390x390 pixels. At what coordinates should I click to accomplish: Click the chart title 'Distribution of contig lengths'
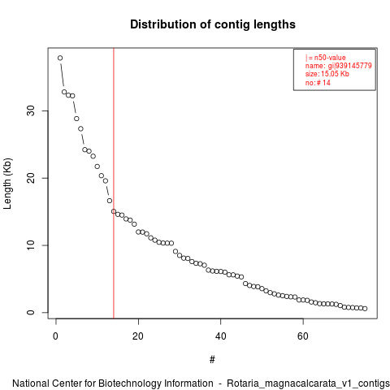click(213, 24)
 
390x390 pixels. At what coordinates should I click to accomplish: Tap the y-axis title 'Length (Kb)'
click(7, 184)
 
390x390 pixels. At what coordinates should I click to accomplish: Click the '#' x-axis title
click(212, 360)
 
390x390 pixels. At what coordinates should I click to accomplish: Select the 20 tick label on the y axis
click(31, 178)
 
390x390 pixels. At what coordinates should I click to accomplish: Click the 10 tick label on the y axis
click(31, 245)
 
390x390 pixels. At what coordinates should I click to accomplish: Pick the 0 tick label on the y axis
click(31, 312)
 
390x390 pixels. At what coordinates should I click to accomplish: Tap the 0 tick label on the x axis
click(56, 336)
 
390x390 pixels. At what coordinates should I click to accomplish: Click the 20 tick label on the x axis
click(138, 336)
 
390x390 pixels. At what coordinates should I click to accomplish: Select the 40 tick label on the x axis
click(220, 336)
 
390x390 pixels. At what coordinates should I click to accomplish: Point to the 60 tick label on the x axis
click(303, 336)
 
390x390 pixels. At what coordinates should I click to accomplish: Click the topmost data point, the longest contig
click(60, 58)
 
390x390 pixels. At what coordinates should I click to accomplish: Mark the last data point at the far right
click(365, 309)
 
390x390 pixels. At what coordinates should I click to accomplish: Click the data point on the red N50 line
click(114, 211)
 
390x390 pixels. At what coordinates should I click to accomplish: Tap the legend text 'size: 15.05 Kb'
click(327, 74)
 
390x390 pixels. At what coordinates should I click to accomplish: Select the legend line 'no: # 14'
click(318, 83)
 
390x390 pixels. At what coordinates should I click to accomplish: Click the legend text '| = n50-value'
click(326, 58)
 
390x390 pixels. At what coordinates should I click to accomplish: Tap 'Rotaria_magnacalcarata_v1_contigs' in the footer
click(308, 383)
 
